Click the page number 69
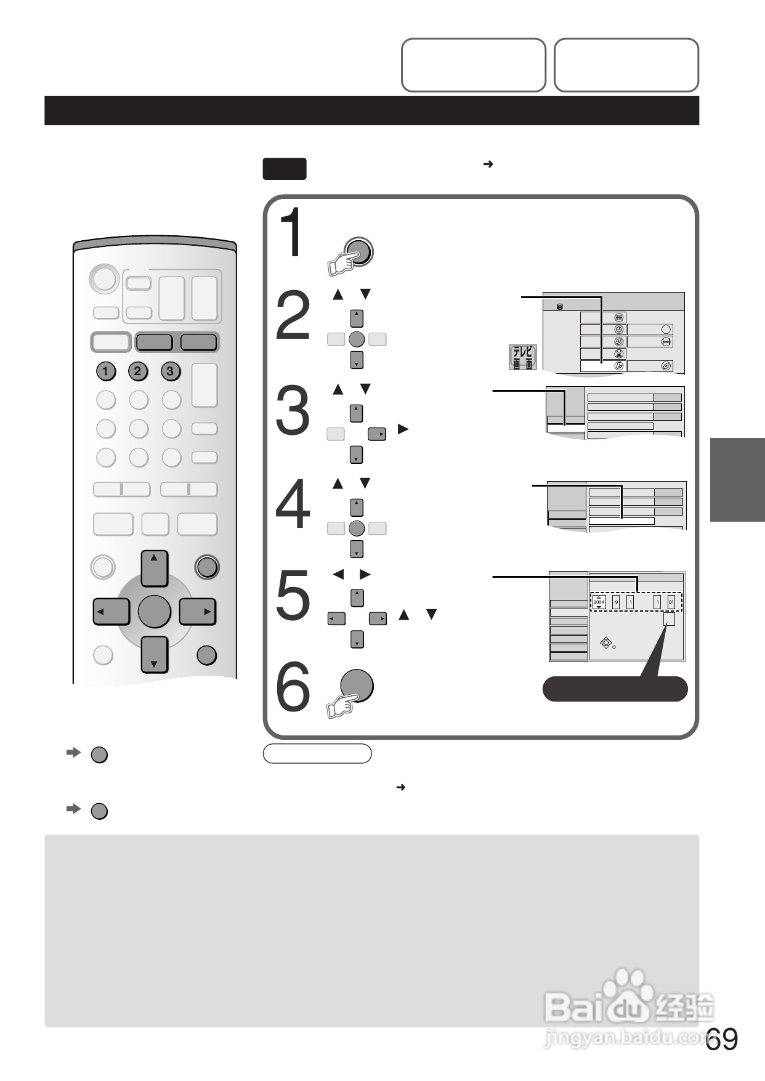point(722,1039)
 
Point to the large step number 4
point(293,505)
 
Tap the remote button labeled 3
point(171,371)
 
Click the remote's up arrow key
point(154,568)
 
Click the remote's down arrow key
point(154,654)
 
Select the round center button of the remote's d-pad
point(154,611)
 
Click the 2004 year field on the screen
point(599,602)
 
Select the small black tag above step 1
point(285,169)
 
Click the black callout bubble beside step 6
point(614,689)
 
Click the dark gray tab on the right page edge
point(737,480)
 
